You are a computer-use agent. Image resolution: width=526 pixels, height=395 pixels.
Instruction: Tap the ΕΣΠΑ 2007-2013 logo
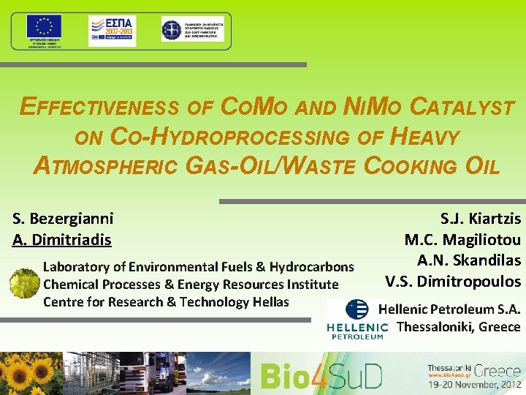tap(112, 31)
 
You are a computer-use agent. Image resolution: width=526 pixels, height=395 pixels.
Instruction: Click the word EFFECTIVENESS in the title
tap(99, 108)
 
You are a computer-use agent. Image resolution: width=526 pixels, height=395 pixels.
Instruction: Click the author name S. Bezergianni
tap(63, 217)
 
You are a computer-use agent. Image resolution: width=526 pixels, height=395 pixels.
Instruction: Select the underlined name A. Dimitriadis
tap(62, 239)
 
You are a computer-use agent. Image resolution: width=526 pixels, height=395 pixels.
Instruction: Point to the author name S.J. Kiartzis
tap(480, 218)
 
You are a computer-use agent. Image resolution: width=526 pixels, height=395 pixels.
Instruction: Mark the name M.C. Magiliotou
tap(462, 239)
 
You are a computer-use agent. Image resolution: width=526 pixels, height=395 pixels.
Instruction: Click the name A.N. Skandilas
tap(468, 260)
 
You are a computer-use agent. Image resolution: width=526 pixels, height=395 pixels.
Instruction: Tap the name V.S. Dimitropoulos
tap(453, 281)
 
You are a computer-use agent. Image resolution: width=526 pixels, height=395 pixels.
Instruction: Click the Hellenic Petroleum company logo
tap(357, 319)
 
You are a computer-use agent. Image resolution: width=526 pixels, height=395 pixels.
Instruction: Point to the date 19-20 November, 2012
tap(474, 383)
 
